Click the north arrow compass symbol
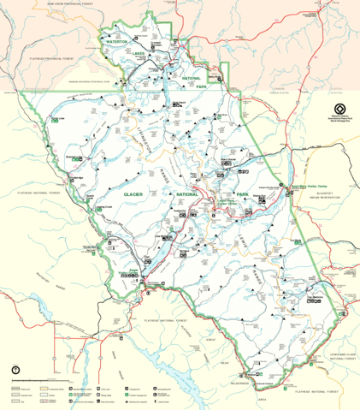pos(15,370)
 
